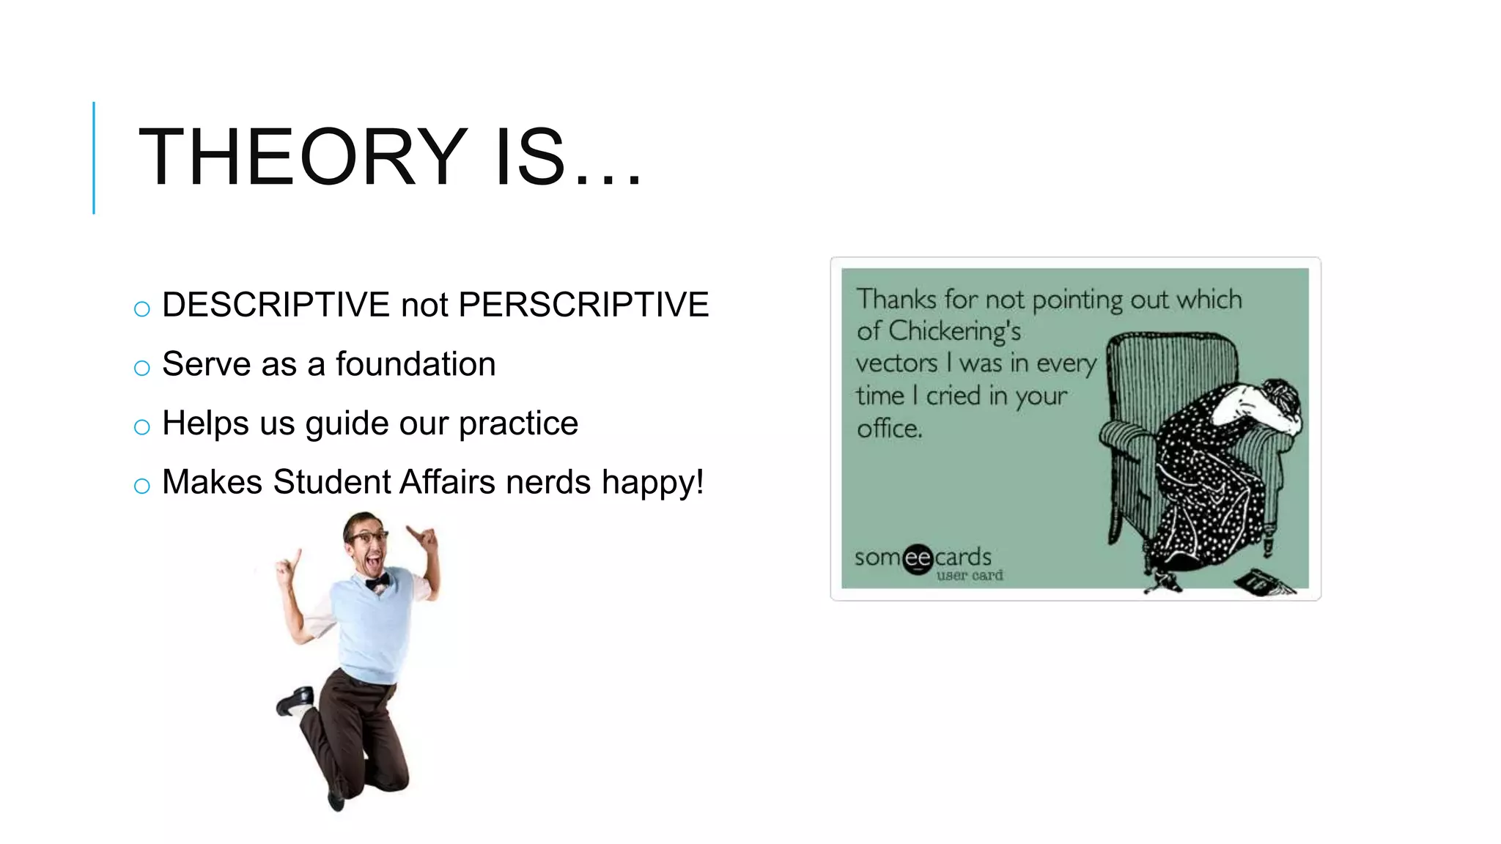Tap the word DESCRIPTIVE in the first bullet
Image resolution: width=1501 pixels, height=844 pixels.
276,305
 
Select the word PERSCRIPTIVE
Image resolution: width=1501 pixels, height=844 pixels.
583,305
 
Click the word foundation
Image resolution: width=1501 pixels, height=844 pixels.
416,364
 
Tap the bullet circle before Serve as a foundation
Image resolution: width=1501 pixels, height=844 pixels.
142,368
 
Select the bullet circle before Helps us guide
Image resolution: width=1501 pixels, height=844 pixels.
142,427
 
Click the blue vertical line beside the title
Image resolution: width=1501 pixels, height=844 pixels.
94,158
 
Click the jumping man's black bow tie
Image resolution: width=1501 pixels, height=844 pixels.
377,582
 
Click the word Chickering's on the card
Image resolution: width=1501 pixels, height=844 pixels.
954,332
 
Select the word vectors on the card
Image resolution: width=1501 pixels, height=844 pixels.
896,363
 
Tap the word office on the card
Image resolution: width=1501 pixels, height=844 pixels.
888,429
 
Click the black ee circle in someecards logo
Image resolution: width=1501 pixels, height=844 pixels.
918,559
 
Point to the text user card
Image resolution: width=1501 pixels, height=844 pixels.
969,576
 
